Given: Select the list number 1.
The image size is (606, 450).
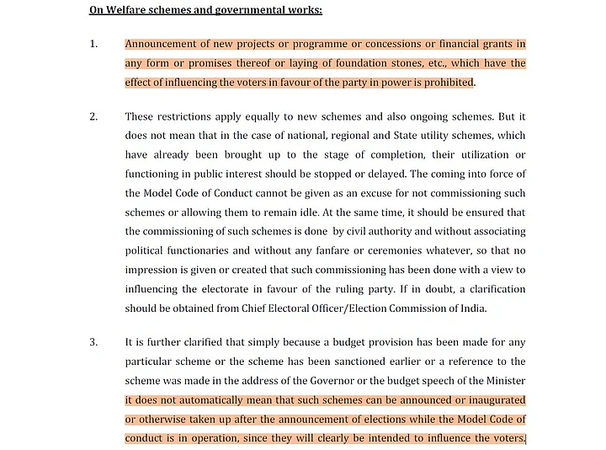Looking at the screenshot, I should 93,44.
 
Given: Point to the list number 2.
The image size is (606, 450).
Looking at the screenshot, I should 93,116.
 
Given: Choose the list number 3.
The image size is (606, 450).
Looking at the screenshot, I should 93,342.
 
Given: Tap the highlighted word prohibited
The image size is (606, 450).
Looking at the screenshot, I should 447,83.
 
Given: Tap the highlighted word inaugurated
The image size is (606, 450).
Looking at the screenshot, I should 489,399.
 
